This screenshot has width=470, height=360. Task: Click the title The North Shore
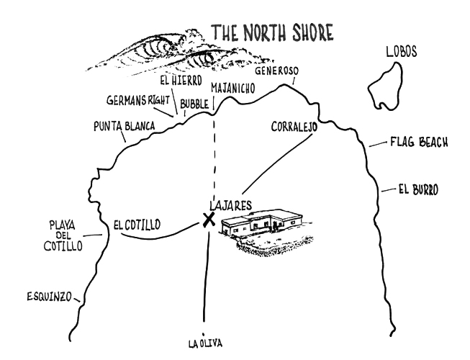[x=273, y=32]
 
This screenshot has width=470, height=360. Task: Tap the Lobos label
[x=402, y=52]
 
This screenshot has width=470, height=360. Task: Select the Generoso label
[x=276, y=71]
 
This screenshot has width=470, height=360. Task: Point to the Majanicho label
[x=233, y=88]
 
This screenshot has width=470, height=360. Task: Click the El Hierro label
[x=181, y=81]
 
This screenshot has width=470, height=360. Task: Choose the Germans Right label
[x=138, y=100]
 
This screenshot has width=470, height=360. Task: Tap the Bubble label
[x=194, y=104]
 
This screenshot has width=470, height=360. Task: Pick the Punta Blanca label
[x=124, y=126]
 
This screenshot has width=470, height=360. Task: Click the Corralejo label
[x=294, y=127]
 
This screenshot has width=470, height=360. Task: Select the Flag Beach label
[x=419, y=142]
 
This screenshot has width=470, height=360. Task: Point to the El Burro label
[x=418, y=190]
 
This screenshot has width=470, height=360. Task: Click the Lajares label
[x=230, y=206]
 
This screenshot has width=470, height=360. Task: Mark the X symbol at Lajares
[x=209, y=220]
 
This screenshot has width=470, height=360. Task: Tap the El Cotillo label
[x=137, y=225]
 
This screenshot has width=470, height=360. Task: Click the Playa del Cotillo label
[x=63, y=235]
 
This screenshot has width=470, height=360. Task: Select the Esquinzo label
[x=50, y=297]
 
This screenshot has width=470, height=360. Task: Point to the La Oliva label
[x=206, y=343]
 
